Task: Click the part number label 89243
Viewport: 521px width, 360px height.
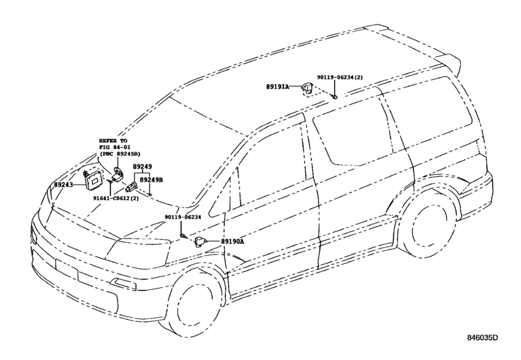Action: coord(64,185)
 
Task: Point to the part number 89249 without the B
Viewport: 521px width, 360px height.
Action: coord(142,166)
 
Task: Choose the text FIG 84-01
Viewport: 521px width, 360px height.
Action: coord(113,147)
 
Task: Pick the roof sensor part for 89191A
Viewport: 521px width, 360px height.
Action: coord(308,88)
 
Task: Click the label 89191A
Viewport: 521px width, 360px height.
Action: coord(278,85)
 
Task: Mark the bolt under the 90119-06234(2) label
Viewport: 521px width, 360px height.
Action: coord(335,96)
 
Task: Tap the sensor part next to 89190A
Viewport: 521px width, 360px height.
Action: coord(201,242)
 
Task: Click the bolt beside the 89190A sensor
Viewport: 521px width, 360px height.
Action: coord(184,237)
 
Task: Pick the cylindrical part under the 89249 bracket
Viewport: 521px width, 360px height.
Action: coord(130,187)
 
